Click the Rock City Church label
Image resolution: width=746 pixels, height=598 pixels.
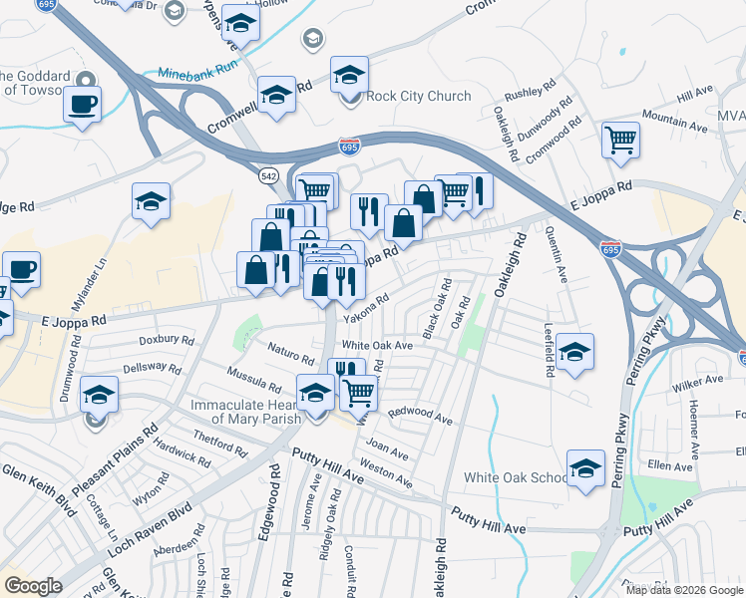tap(419, 97)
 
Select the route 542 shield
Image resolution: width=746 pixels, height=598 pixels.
tap(268, 175)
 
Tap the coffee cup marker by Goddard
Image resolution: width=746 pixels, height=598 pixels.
tap(82, 103)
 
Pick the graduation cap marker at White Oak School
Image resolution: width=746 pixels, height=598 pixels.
tap(585, 467)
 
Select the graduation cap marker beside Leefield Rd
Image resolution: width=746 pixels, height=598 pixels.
tap(575, 352)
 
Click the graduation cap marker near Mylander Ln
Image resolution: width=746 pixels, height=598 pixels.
tap(151, 200)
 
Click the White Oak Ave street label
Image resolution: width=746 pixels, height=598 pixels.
tap(377, 345)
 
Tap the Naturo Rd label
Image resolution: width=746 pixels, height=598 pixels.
tap(291, 350)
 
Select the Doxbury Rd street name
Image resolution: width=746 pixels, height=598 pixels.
tap(166, 340)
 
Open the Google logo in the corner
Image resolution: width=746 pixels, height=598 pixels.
tap(33, 586)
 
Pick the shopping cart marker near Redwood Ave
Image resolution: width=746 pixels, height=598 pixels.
tap(358, 392)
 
